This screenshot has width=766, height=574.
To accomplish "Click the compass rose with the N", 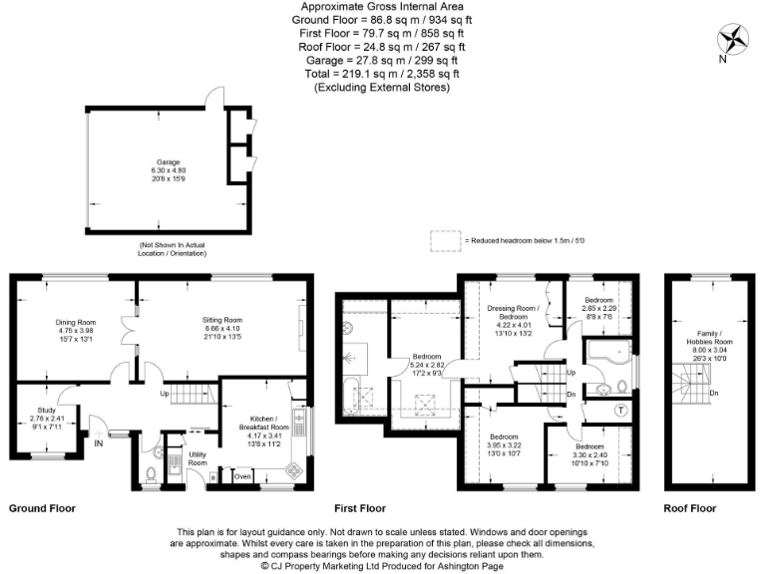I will click(x=735, y=40).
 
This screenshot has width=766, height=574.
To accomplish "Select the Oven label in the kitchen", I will click(x=242, y=476).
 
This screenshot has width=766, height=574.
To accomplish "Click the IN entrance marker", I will click(x=99, y=443).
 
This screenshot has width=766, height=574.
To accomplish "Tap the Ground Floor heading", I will click(x=42, y=508).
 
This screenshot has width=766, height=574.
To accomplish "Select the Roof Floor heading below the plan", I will click(x=690, y=508).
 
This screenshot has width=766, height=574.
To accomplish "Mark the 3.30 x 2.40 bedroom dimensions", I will click(x=588, y=454).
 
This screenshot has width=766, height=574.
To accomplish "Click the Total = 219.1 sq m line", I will click(x=382, y=74).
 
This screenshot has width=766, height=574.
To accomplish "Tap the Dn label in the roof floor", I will click(x=714, y=394).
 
